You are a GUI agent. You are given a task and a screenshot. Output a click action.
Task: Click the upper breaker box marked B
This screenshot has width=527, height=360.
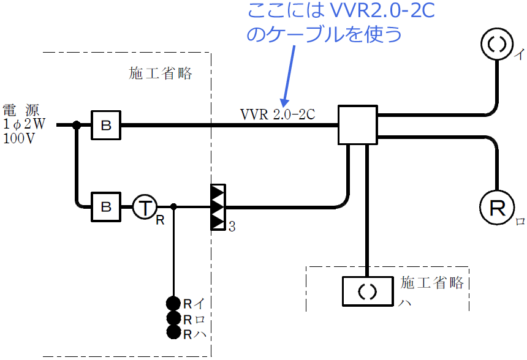[x=106, y=125]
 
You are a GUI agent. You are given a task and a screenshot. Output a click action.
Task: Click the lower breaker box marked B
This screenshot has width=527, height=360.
[x=106, y=207]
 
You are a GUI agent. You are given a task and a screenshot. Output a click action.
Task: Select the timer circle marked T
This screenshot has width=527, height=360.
[x=145, y=207]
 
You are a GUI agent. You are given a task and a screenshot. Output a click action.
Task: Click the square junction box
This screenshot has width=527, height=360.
[x=358, y=125]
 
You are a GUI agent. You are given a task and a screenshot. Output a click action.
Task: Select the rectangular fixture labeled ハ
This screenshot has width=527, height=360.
[x=366, y=292]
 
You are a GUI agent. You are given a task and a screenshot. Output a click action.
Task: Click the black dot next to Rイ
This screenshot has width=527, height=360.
[x=173, y=303]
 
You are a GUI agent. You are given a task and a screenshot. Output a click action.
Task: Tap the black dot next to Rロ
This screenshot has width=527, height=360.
[x=173, y=318]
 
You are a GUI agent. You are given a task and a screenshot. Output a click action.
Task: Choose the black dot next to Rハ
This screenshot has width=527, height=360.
[x=173, y=332]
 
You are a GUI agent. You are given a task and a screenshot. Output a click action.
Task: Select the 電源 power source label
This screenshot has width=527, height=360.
[x=21, y=110]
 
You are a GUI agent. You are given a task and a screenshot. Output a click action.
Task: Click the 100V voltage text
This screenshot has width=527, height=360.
[x=18, y=138]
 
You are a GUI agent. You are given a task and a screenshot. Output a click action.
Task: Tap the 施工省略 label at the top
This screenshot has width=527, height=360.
[x=161, y=74]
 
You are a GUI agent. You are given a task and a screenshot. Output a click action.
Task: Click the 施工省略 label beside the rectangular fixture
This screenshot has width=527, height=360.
[x=432, y=282]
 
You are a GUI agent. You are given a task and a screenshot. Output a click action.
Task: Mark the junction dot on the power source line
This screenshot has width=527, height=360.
[x=77, y=125]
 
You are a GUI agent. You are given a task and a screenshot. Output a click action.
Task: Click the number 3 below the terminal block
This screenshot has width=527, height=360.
[x=232, y=227]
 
